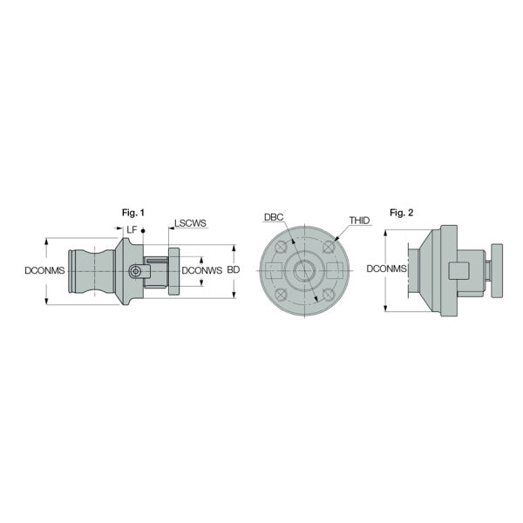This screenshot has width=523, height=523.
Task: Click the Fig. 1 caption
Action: pyautogui.click(x=133, y=213)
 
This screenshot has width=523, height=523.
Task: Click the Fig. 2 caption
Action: pyautogui.click(x=401, y=213)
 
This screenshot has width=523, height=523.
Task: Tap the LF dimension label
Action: pyautogui.click(x=132, y=229)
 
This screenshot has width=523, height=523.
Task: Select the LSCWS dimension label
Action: pyautogui.click(x=190, y=223)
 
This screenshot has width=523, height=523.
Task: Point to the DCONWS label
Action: pyautogui.click(x=202, y=270)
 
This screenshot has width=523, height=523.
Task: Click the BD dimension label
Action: pyautogui.click(x=234, y=269)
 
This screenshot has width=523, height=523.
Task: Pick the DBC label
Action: pyautogui.click(x=274, y=217)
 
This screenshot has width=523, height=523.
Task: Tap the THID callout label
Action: pyautogui.click(x=359, y=221)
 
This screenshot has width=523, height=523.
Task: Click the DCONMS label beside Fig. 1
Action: pyautogui.click(x=44, y=270)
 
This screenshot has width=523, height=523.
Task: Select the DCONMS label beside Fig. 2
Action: pyautogui.click(x=386, y=268)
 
